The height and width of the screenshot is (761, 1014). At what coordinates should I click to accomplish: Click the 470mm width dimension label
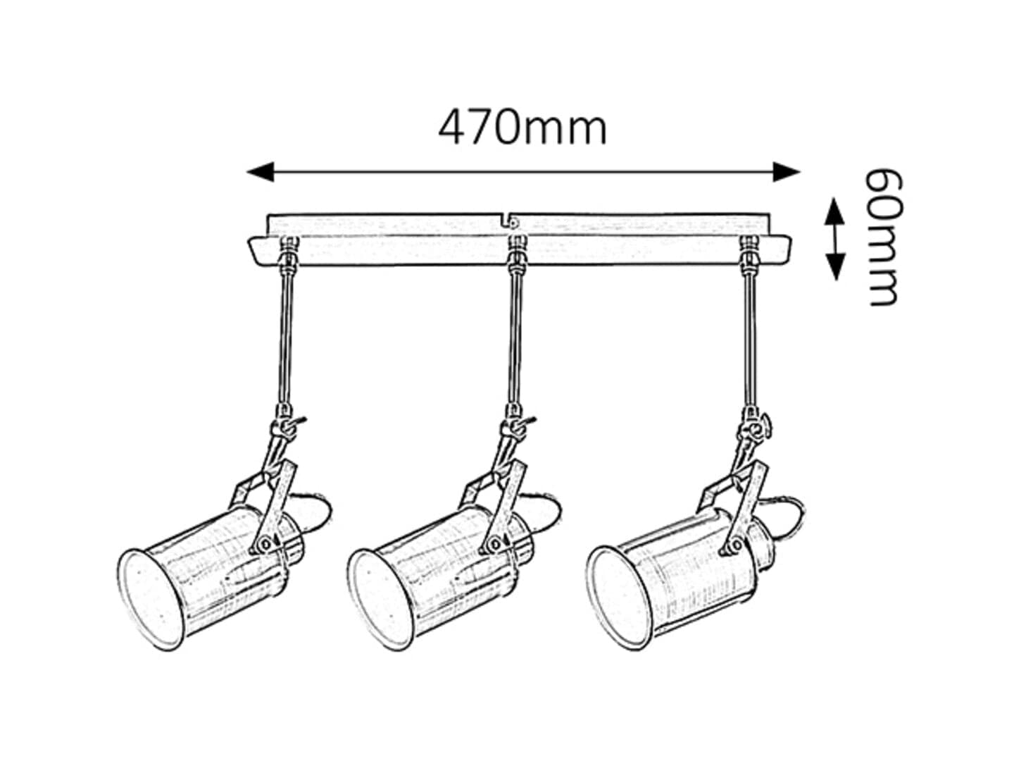[522, 128]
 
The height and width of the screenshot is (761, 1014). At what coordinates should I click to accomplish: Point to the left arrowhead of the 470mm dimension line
[260, 172]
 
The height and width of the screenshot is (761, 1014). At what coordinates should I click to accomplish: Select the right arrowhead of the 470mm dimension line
[786, 172]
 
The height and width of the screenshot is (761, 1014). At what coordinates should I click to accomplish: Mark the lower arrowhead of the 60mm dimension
[834, 267]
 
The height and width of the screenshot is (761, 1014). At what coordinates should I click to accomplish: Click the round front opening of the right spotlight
[622, 598]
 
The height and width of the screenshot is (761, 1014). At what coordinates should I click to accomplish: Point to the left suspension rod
[286, 339]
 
